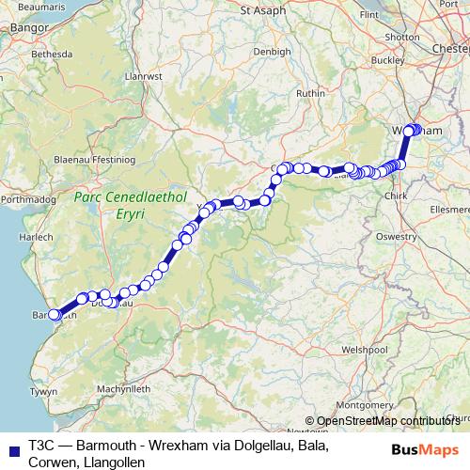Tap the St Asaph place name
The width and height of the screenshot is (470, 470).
pos(260,11)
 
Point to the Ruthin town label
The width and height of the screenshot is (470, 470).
pos(310,94)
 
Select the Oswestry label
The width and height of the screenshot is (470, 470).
pos(396,237)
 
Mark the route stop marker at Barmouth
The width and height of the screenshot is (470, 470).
pos(55,315)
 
